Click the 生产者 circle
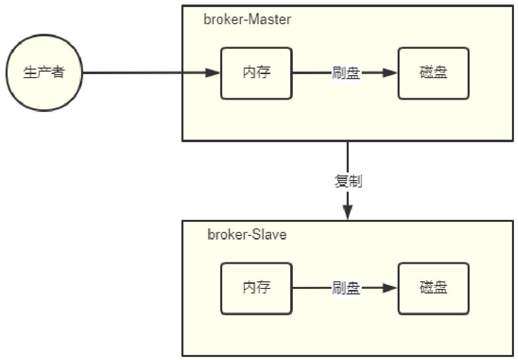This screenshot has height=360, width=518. point(44,73)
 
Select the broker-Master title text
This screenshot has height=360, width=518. point(247,20)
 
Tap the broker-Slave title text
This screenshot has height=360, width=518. point(247,234)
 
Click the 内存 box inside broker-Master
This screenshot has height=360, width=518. point(256,73)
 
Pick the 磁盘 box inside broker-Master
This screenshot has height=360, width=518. point(433,73)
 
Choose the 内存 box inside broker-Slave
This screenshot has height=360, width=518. point(256,288)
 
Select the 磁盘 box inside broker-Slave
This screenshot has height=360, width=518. point(433,288)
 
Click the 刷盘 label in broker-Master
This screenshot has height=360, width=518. point(346,73)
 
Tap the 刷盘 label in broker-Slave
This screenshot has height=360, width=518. point(346,288)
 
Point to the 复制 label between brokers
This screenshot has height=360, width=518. point(348,182)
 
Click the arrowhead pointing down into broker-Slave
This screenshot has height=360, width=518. point(348,212)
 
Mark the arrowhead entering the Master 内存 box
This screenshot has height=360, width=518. point(213,73)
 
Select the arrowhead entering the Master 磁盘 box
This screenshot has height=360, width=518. point(390,73)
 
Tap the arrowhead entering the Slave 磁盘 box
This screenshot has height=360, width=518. point(390,288)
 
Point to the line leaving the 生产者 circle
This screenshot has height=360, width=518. point(131,73)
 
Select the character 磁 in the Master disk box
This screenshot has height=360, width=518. point(426,73)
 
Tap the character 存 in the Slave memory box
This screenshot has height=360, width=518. point(264,288)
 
